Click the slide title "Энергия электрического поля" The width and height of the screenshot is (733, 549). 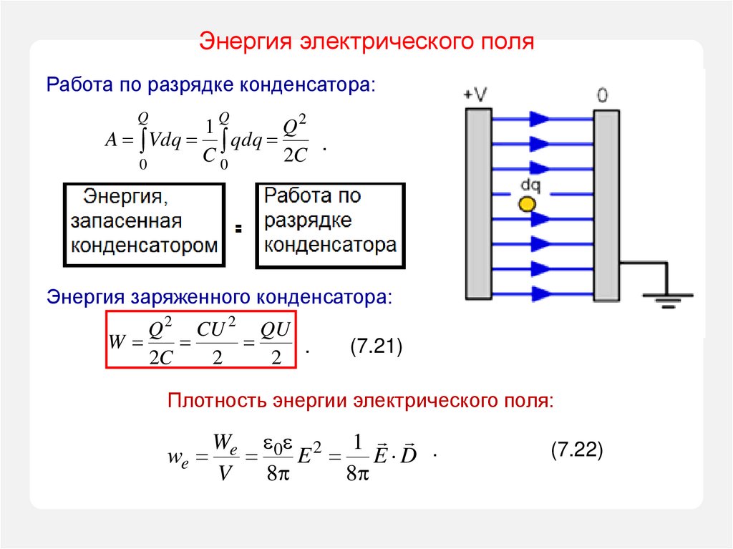[366, 41]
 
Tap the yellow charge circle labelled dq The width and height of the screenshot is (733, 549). [527, 204]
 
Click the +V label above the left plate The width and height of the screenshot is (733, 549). [475, 94]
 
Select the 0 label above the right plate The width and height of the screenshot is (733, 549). [603, 94]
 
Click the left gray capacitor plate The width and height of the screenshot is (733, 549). [478, 204]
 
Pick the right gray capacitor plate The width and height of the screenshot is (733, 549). [606, 204]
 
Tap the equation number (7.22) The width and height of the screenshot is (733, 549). [578, 450]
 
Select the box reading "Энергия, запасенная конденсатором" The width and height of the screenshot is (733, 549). [144, 224]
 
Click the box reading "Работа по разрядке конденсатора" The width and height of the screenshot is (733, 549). [330, 224]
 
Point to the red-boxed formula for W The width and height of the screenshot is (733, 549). [201, 339]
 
